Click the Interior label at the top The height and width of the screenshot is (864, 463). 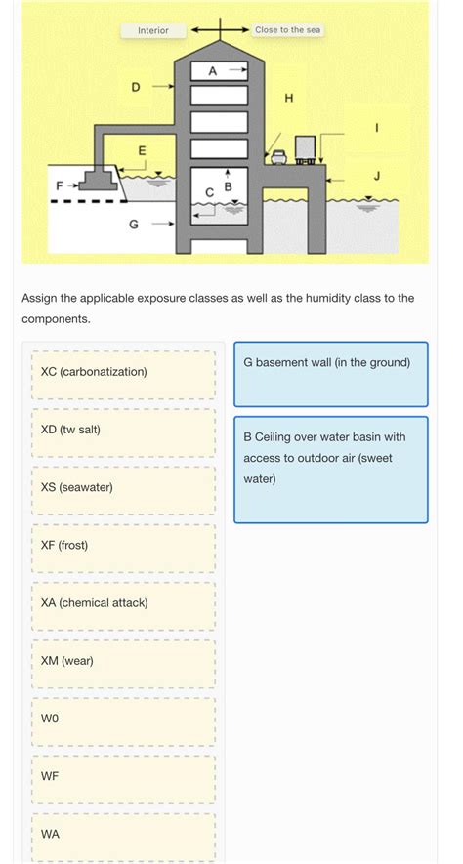(x=152, y=30)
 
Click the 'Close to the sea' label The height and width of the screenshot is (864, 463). (x=287, y=30)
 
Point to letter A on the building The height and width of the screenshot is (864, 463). (x=213, y=70)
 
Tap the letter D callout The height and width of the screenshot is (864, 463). (x=136, y=87)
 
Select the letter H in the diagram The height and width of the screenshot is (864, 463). (x=288, y=98)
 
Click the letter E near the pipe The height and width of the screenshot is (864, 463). (x=142, y=150)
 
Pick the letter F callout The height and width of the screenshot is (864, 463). (x=60, y=185)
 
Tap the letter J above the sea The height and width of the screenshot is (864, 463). (x=377, y=176)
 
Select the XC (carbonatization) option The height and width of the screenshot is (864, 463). (x=123, y=372)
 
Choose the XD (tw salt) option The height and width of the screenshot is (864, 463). (x=123, y=430)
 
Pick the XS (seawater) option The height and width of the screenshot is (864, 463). (x=123, y=487)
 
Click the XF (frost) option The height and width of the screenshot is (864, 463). (x=123, y=545)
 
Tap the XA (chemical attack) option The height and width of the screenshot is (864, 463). (x=123, y=602)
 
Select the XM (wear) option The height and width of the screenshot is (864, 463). (x=123, y=661)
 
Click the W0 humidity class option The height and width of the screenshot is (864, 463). (x=123, y=719)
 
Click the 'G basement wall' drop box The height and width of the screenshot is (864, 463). (x=330, y=373)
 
